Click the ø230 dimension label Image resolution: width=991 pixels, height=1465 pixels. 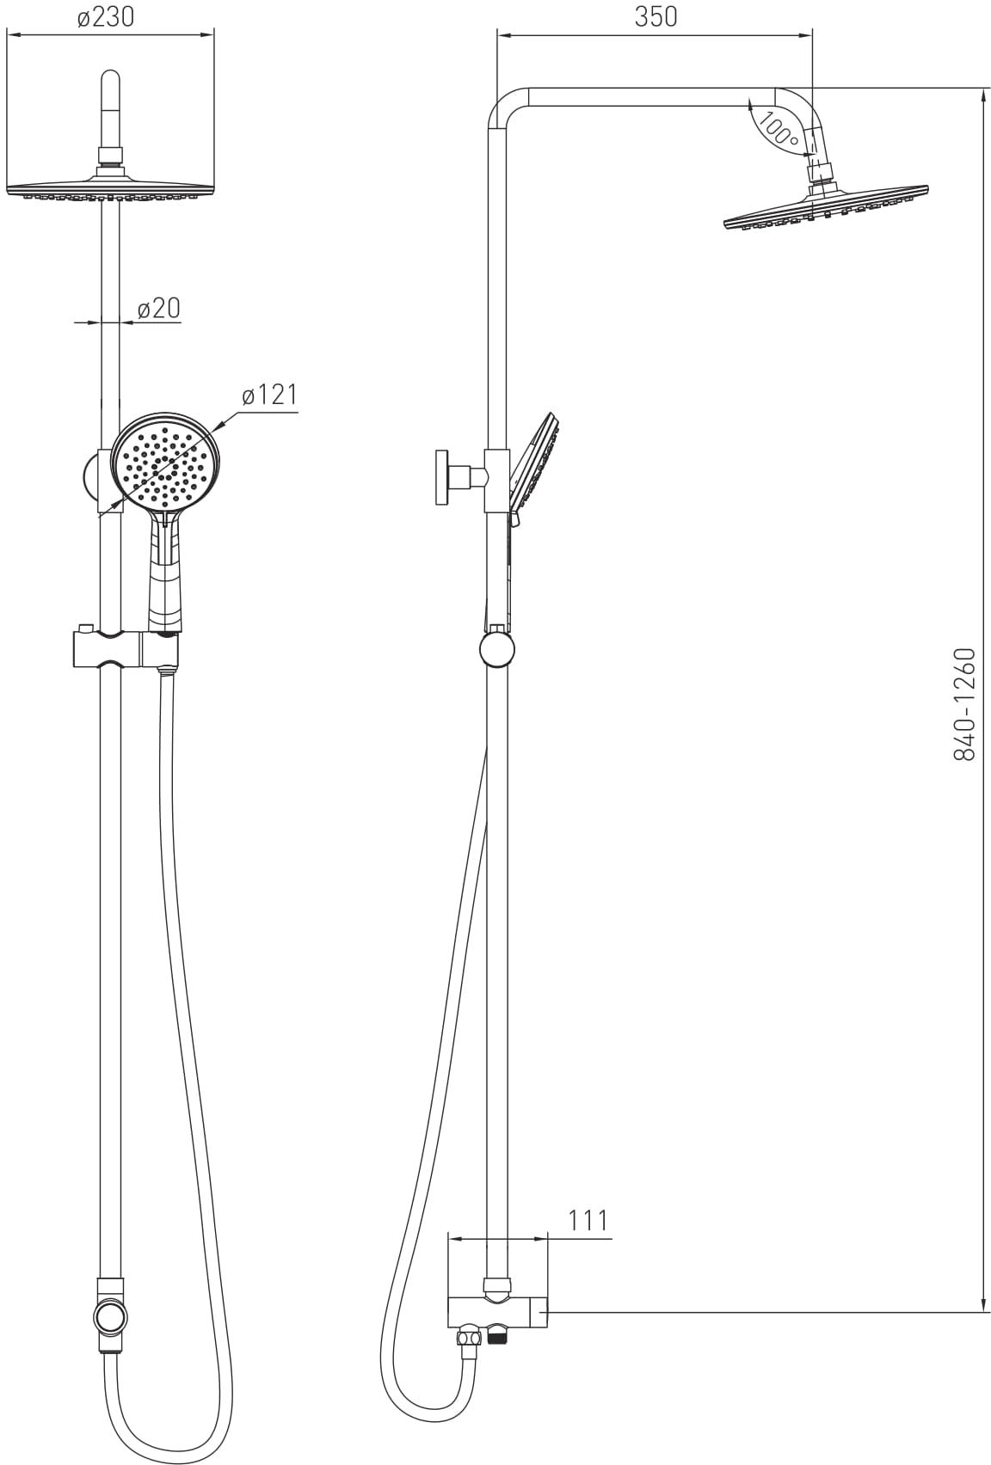(x=105, y=18)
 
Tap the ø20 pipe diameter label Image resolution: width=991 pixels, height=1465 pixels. (x=158, y=308)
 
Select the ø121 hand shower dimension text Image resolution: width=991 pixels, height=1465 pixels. (x=269, y=395)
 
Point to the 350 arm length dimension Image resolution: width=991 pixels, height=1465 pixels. (x=656, y=18)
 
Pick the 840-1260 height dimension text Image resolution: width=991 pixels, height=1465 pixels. (x=964, y=704)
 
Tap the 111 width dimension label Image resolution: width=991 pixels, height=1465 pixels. (x=588, y=1220)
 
